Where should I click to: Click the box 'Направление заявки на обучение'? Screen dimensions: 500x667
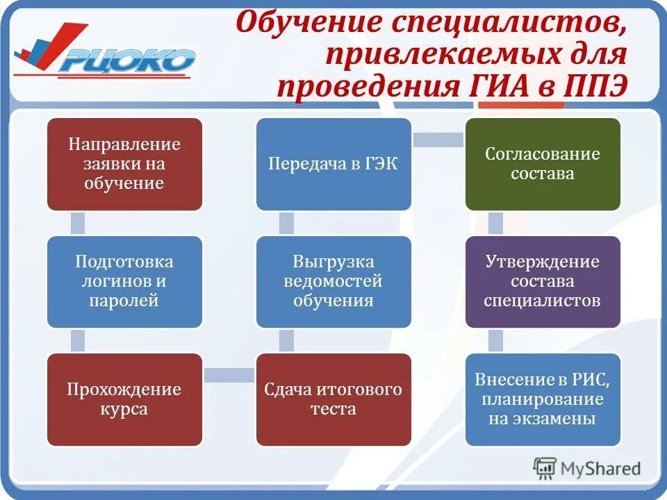pyautogui.click(x=124, y=164)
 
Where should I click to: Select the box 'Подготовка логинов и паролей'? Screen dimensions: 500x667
pyautogui.click(x=124, y=281)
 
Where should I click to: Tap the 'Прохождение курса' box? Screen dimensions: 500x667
pyautogui.click(x=124, y=399)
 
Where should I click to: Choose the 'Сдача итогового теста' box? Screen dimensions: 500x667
pyautogui.click(x=333, y=399)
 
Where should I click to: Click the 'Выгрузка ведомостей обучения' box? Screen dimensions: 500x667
pyautogui.click(x=333, y=281)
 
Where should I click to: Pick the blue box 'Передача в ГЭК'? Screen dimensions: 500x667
pyautogui.click(x=333, y=164)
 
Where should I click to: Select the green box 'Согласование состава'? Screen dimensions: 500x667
pyautogui.click(x=543, y=164)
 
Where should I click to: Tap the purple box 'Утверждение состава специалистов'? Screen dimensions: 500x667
pyautogui.click(x=543, y=281)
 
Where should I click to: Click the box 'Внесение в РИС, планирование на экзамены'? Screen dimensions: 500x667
pyautogui.click(x=543, y=399)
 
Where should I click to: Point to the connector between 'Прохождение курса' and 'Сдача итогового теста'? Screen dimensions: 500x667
pyautogui.click(x=229, y=376)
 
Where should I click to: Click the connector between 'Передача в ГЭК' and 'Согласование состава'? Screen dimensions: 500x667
pyautogui.click(x=438, y=140)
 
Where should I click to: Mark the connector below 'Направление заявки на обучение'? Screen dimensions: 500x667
pyautogui.click(x=78, y=223)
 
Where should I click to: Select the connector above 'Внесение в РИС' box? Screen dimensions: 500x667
pyautogui.click(x=495, y=340)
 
